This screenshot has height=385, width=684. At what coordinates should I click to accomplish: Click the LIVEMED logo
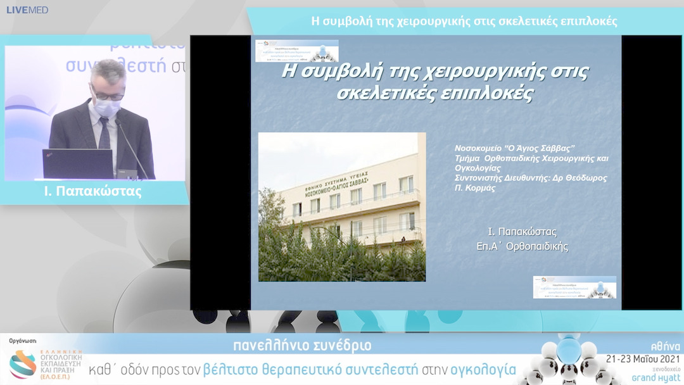(27, 9)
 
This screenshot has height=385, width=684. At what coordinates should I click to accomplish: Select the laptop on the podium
(77, 164)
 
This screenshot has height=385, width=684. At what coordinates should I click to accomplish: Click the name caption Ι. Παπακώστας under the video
(94, 192)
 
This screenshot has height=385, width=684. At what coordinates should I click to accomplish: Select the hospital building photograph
(341, 206)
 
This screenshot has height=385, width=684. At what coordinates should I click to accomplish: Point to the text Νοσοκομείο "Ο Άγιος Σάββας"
(514, 148)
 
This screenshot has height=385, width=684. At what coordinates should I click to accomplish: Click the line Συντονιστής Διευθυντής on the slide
(531, 178)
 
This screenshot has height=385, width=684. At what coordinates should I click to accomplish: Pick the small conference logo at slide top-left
(296, 51)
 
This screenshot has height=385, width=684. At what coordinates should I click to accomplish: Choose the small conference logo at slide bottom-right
(574, 287)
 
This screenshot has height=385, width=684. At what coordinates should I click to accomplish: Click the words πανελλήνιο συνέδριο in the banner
(302, 346)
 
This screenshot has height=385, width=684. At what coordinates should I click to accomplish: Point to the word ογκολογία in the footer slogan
(482, 369)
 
